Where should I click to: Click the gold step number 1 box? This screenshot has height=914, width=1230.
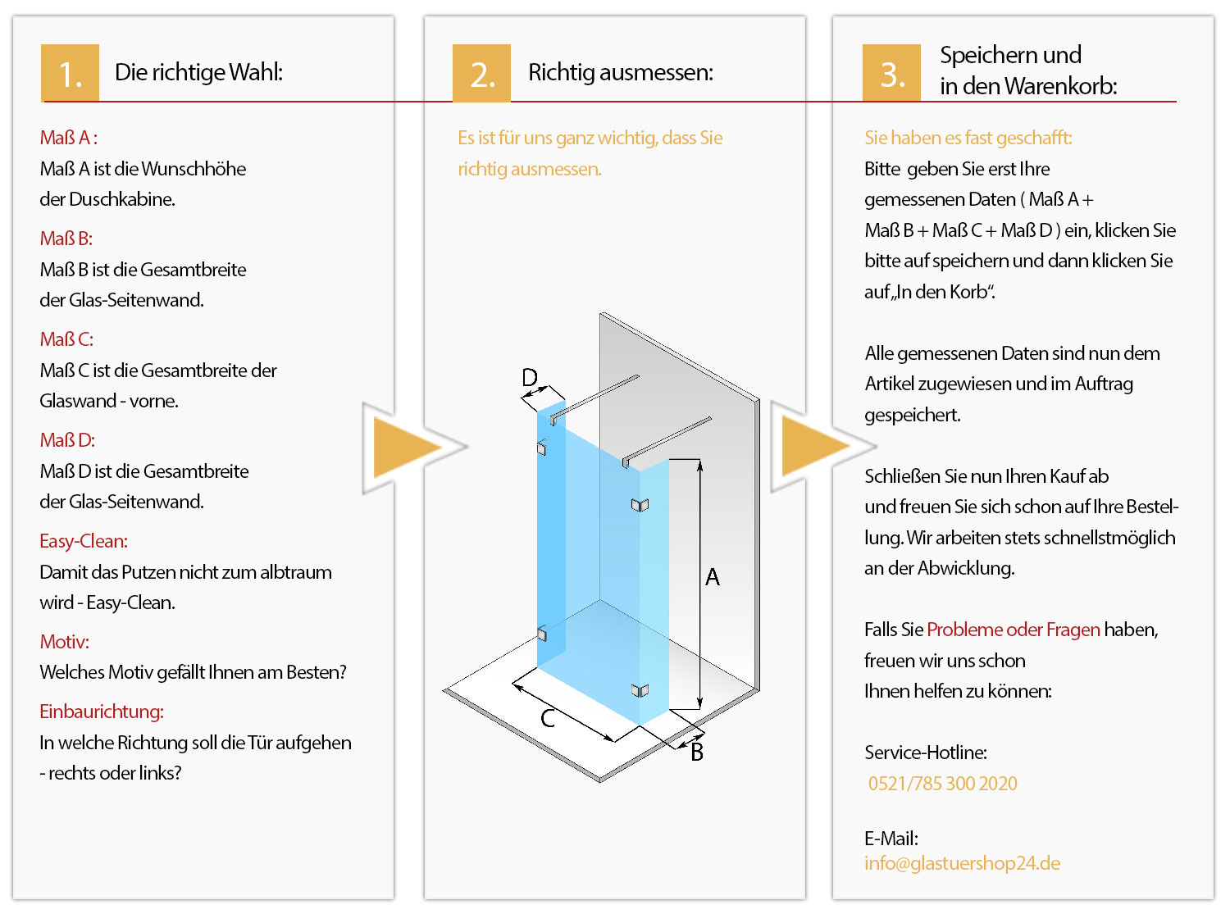pyautogui.click(x=71, y=73)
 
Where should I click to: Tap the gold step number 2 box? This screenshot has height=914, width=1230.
pyautogui.click(x=482, y=73)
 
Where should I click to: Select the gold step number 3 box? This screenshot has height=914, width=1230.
pyautogui.click(x=892, y=73)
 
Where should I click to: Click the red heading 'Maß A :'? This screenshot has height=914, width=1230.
pyautogui.click(x=69, y=138)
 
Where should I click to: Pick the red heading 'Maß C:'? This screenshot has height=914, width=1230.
pyautogui.click(x=66, y=339)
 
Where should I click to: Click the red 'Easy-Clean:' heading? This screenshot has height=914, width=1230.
pyautogui.click(x=84, y=541)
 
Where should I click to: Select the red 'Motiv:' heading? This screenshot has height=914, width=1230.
pyautogui.click(x=65, y=642)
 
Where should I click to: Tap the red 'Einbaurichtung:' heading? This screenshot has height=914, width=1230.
pyautogui.click(x=102, y=712)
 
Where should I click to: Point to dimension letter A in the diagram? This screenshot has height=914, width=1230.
pyautogui.click(x=713, y=577)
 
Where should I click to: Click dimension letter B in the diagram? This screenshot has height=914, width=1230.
pyautogui.click(x=697, y=752)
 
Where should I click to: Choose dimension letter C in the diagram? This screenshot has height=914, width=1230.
pyautogui.click(x=549, y=718)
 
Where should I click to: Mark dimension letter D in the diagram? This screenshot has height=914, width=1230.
pyautogui.click(x=530, y=377)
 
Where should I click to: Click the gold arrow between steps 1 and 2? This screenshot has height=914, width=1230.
pyautogui.click(x=406, y=448)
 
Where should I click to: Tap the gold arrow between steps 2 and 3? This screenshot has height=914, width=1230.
pyautogui.click(x=814, y=447)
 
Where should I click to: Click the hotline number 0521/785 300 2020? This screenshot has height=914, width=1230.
pyautogui.click(x=942, y=784)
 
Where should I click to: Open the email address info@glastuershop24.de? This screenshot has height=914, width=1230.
pyautogui.click(x=962, y=863)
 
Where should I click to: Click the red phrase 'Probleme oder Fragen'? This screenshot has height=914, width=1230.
pyautogui.click(x=1014, y=630)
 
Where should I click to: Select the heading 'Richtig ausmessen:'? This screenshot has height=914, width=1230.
pyautogui.click(x=621, y=72)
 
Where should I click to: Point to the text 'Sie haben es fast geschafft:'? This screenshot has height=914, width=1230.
pyautogui.click(x=968, y=138)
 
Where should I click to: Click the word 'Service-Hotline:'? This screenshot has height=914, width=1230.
pyautogui.click(x=926, y=753)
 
